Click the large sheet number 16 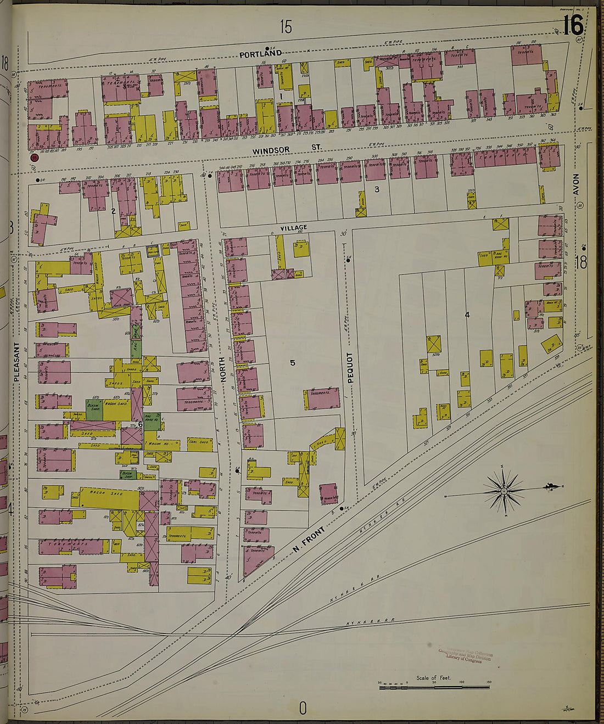(572, 25)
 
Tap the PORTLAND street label (260, 54)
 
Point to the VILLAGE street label (294, 227)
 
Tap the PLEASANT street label (17, 362)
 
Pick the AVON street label (577, 184)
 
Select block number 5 (293, 363)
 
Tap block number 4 (467, 315)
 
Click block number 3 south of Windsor (377, 190)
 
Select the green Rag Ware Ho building (152, 420)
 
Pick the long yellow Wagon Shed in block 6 (110, 494)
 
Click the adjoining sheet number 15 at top (286, 26)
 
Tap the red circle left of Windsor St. (35, 158)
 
